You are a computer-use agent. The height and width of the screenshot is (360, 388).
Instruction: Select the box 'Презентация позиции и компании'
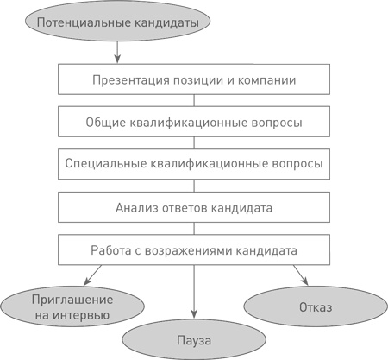(x=194, y=80)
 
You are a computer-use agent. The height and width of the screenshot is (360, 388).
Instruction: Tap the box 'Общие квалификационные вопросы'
(x=194, y=122)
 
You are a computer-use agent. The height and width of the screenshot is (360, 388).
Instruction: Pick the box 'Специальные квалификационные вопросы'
(x=194, y=162)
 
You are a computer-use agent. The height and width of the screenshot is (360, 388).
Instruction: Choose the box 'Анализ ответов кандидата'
(x=194, y=207)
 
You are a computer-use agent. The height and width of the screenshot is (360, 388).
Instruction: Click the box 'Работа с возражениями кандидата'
(x=194, y=251)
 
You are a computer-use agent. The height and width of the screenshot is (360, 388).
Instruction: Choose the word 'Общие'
(x=105, y=122)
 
